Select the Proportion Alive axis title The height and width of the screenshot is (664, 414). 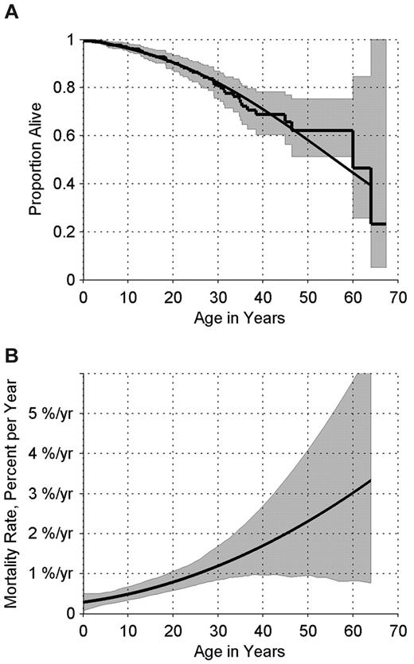click(36, 158)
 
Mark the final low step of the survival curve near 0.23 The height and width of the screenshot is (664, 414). click(377, 224)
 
